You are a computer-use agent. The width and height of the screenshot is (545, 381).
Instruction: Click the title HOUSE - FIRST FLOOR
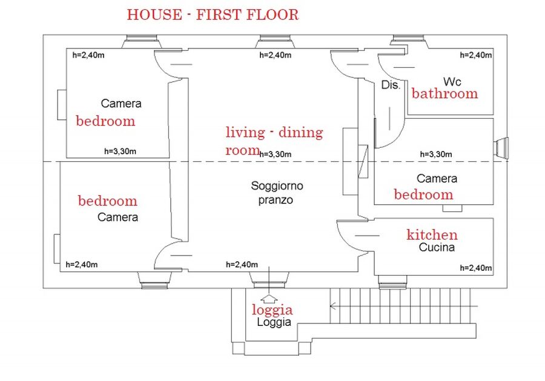(x=213, y=15)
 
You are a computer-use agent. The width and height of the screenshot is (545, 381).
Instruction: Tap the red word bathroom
(x=445, y=93)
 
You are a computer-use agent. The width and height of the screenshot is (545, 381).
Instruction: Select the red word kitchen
(x=432, y=234)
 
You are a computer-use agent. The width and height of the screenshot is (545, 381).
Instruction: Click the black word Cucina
(x=437, y=247)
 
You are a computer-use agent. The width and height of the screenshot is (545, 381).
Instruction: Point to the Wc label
(x=452, y=82)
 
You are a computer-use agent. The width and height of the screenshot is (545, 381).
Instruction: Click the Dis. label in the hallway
(x=391, y=85)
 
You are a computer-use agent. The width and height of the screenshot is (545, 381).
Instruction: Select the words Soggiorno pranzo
(x=277, y=193)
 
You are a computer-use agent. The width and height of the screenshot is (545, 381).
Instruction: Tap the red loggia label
(x=272, y=310)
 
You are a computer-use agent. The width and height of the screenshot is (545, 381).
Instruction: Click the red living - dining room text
(x=274, y=141)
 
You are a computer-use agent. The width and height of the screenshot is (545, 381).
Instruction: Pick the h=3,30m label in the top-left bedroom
(x=121, y=151)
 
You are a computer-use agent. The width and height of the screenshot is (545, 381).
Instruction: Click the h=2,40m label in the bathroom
(x=476, y=55)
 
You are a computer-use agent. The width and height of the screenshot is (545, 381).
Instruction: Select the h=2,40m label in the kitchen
(x=476, y=268)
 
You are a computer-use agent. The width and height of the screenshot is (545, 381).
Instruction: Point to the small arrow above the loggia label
(x=269, y=298)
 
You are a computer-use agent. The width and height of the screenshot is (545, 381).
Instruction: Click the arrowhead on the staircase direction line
(x=332, y=306)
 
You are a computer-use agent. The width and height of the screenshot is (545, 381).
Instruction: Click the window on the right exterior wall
(x=501, y=146)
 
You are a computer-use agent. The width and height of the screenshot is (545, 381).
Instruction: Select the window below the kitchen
(x=392, y=282)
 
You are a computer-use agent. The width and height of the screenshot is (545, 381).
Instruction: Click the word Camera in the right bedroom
(x=437, y=179)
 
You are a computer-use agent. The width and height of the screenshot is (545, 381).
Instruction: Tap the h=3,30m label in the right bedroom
(x=436, y=154)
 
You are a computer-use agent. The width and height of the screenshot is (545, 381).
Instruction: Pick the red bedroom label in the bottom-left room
(x=108, y=201)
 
